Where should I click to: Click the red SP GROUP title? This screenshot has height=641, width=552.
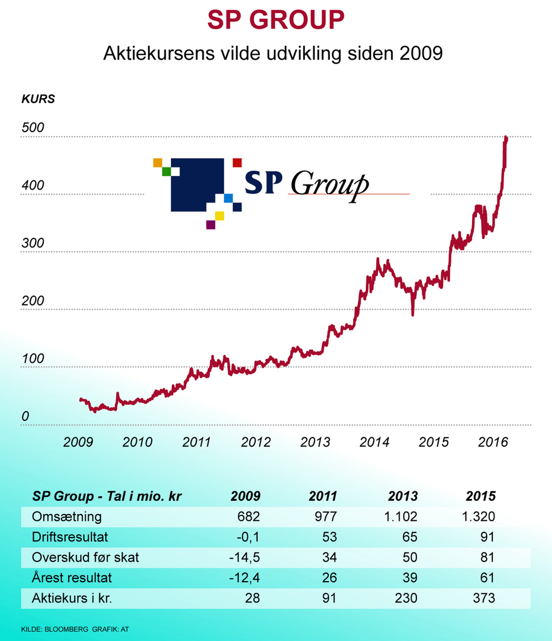tap(276, 21)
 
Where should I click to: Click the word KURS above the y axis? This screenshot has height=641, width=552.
tap(38, 98)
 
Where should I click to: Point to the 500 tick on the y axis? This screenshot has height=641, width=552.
tap(33, 128)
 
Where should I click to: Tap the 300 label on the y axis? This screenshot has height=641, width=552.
tap(33, 243)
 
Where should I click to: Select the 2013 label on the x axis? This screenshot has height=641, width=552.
tap(315, 442)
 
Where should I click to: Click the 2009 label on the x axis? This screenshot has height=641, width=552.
tap(78, 442)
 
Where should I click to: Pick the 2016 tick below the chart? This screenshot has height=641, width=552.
tap(493, 442)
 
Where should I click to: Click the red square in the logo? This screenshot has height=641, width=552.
tap(237, 163)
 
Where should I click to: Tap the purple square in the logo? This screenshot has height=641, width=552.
tap(210, 225)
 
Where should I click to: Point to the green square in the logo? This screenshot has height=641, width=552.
tap(167, 171)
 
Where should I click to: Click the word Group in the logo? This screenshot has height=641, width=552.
tap(329, 184)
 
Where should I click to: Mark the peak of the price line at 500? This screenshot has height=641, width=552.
tap(505, 138)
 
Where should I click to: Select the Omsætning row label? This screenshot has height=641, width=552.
tap(67, 516)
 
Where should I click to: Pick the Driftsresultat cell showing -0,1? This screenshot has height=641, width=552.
tap(248, 537)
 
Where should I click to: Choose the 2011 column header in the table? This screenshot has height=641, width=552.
tap(322, 496)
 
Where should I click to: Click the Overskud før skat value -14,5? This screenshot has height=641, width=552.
tap(244, 557)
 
